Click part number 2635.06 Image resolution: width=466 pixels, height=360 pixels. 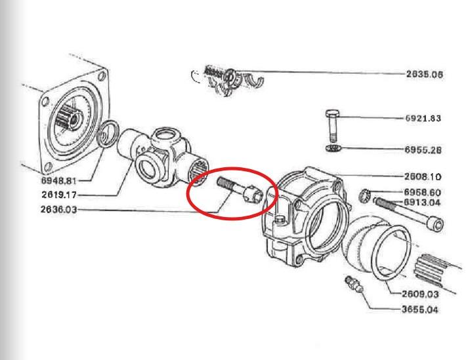coord(425,74)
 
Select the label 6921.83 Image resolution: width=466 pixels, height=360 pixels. coord(423,118)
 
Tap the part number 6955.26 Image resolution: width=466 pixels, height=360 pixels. coord(423,150)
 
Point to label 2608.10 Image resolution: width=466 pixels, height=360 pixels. coord(423,177)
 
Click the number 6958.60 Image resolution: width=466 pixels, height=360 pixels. coord(422,193)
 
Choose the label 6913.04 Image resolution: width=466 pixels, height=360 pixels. coord(422,203)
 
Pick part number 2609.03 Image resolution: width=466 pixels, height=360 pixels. coord(420,294)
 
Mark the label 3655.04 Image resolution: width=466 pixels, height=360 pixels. coord(420,310)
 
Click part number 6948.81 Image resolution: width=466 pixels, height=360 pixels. coord(59,180)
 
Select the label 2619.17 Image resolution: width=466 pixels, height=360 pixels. coord(59,195)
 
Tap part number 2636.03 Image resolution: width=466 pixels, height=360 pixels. coord(58,209)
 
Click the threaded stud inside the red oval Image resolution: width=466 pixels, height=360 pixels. coord(240,190)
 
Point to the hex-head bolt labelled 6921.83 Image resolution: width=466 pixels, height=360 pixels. coord(333,126)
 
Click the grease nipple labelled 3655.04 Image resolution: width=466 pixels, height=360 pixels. coord(354,285)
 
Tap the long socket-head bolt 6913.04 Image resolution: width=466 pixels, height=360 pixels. coord(409,213)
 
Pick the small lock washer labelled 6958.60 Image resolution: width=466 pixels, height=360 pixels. coord(364,196)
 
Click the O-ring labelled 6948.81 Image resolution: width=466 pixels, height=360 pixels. coord(108,134)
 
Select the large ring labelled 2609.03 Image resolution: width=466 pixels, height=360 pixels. coord(391,253)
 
